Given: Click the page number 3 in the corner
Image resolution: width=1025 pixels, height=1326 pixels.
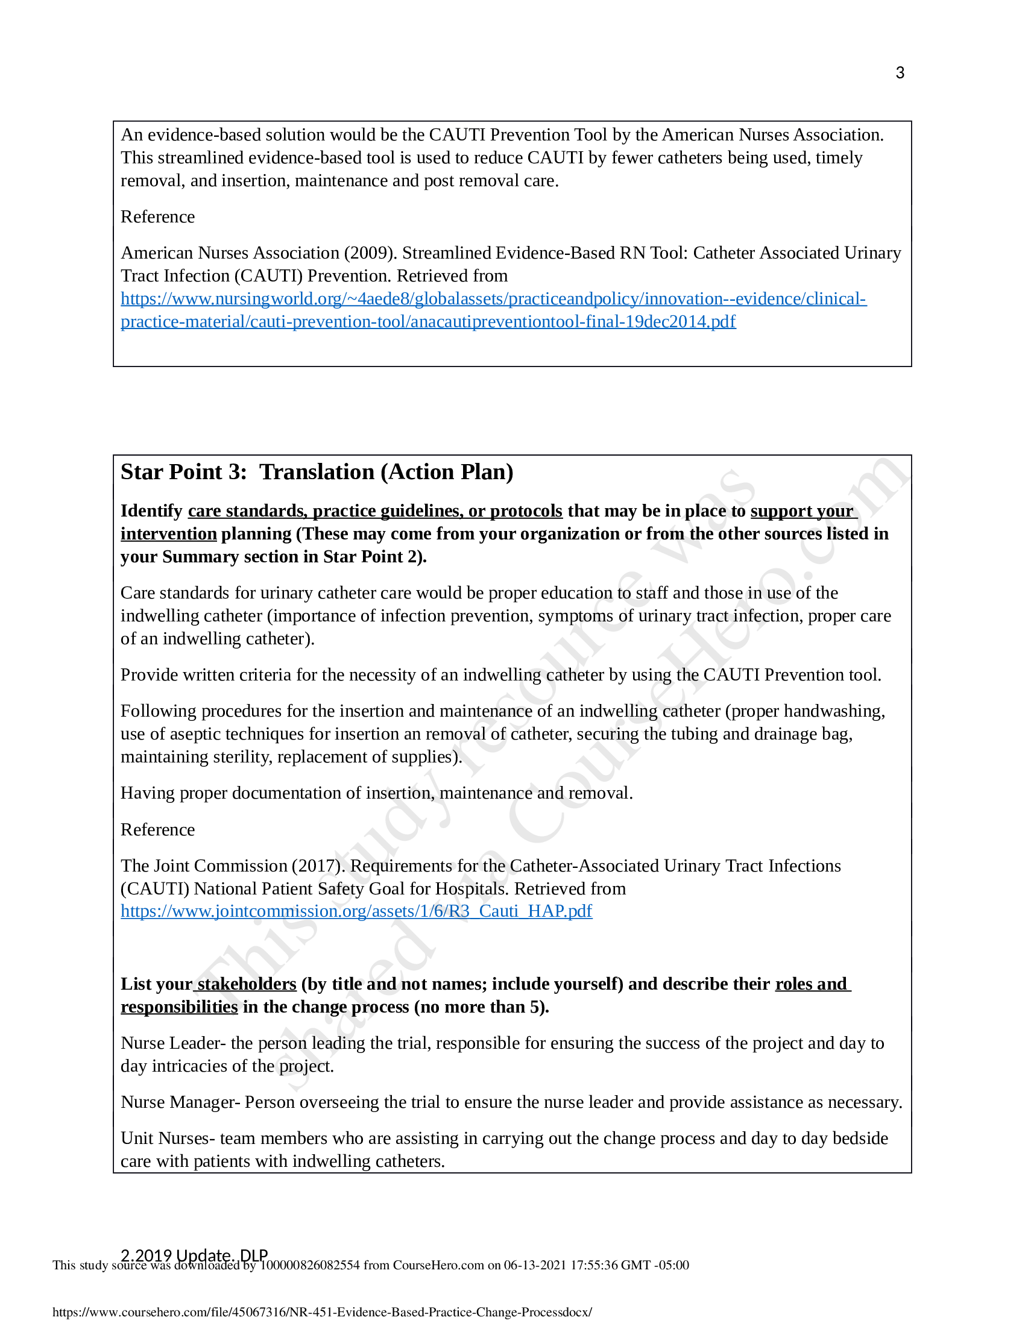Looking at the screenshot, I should [900, 73].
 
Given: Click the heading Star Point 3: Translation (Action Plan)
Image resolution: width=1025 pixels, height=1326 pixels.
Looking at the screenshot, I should [317, 472].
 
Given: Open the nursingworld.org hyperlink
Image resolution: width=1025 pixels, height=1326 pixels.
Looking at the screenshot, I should [493, 299].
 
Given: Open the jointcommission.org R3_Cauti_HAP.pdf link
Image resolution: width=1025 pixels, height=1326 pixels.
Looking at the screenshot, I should [356, 911].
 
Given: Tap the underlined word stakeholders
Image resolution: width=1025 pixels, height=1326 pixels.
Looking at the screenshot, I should [246, 984].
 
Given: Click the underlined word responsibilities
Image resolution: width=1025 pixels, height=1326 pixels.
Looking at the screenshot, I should [179, 1007].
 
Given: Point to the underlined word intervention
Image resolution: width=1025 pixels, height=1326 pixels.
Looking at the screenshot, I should [168, 533].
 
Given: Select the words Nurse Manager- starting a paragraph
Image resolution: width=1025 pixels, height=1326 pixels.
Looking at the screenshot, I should [180, 1102].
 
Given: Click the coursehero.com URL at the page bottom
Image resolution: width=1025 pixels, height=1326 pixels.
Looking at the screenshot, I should [322, 1312].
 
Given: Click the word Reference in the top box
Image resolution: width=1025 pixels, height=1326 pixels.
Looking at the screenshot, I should [158, 217].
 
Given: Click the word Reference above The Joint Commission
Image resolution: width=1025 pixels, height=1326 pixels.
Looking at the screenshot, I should [158, 829].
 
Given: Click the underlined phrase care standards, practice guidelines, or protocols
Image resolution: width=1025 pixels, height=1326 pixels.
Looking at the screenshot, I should [374, 511].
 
